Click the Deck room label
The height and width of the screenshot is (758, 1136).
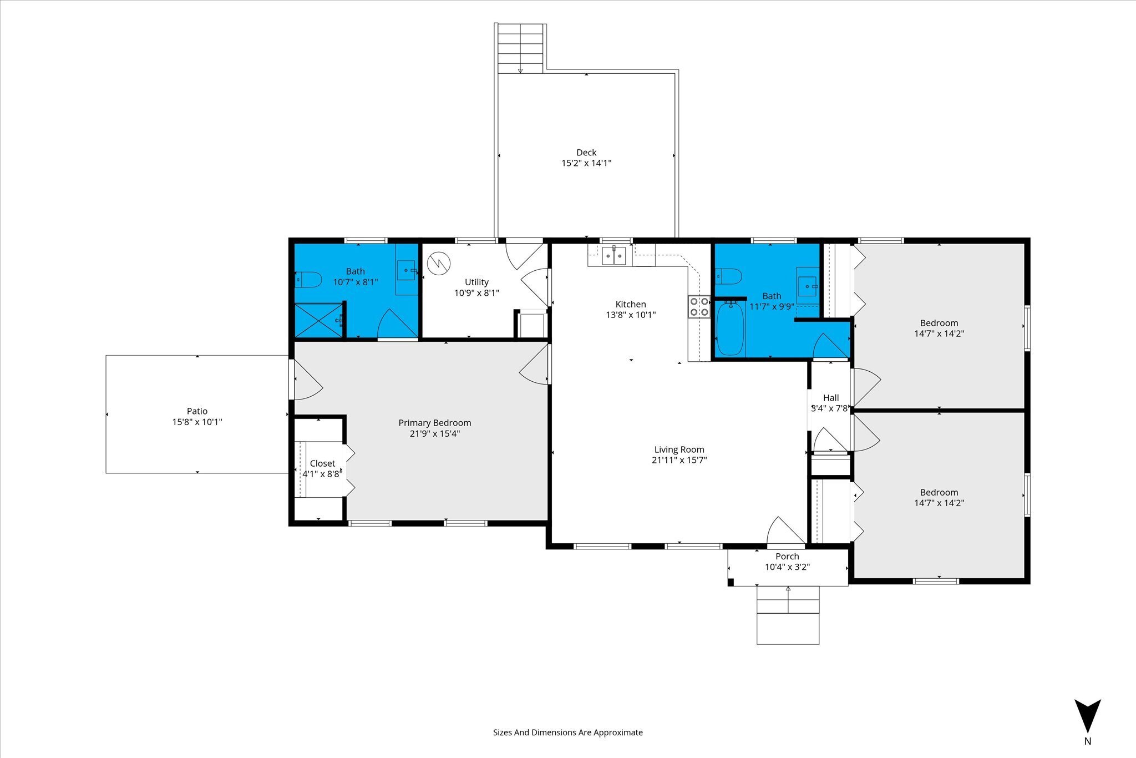click(586, 153)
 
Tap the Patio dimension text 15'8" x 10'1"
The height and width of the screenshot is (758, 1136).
click(197, 422)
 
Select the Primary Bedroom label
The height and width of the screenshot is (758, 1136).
click(435, 423)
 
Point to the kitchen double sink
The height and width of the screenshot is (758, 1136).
click(614, 256)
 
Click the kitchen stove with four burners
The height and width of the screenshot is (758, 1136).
click(699, 307)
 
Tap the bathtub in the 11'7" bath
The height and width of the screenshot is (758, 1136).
click(730, 328)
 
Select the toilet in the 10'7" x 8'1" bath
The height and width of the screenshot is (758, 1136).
click(308, 279)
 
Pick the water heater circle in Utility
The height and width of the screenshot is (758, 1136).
click(439, 263)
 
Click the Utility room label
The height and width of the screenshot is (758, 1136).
click(476, 282)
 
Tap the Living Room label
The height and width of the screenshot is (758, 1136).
click(679, 449)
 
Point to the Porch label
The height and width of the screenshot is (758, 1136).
click(787, 557)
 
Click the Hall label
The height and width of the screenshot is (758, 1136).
click(831, 398)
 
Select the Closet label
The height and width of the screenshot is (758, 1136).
click(322, 463)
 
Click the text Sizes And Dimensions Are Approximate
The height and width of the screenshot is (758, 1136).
click(568, 732)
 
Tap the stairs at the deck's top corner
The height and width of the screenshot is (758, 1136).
click(520, 48)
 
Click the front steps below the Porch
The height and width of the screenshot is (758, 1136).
click(788, 615)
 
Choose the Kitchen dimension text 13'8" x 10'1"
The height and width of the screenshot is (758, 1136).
click(631, 315)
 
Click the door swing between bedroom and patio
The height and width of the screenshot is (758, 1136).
click(307, 380)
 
